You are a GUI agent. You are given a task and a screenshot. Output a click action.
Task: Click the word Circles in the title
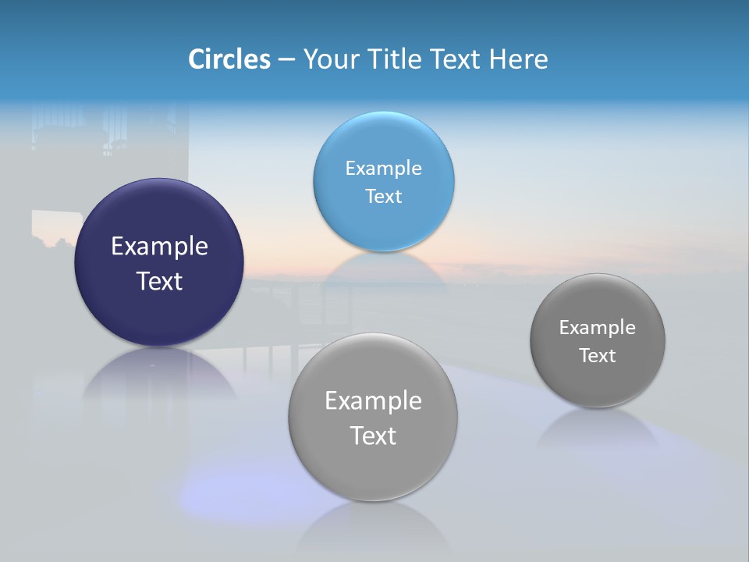click(x=229, y=59)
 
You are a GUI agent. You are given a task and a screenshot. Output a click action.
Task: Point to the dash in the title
click(x=286, y=60)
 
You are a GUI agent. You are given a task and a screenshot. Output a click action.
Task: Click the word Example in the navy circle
click(x=159, y=247)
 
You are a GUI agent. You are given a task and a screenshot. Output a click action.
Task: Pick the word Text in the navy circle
click(x=159, y=281)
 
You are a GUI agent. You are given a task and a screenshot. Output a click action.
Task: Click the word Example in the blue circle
click(x=384, y=169)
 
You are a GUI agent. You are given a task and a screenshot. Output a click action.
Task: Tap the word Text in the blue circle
click(x=384, y=197)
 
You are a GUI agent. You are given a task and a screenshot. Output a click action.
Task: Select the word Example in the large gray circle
click(x=373, y=401)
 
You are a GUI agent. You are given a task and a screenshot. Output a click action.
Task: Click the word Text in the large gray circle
click(x=373, y=436)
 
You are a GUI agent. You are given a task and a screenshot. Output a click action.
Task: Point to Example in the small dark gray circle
click(x=598, y=328)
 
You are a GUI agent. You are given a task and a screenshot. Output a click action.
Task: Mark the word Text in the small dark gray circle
click(x=598, y=356)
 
